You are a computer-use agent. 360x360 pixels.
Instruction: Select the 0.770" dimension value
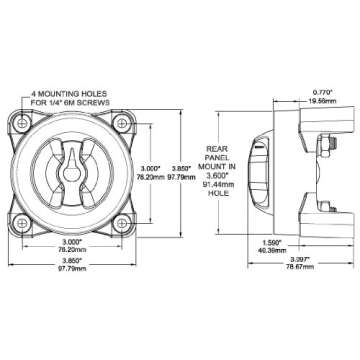click(294, 92)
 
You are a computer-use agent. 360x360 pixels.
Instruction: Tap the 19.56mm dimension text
click(294, 101)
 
